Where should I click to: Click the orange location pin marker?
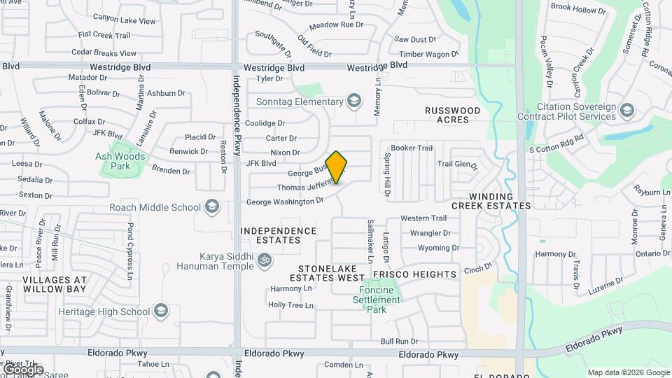click(x=337, y=167)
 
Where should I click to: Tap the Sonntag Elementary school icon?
click(x=354, y=102)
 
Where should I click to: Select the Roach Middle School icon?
click(x=212, y=207)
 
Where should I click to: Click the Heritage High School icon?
click(x=161, y=311)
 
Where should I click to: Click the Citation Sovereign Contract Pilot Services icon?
click(x=626, y=111)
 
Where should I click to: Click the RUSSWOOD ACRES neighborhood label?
click(x=453, y=115)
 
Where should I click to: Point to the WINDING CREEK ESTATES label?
click(x=491, y=201)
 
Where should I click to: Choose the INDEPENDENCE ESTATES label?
click(x=278, y=235)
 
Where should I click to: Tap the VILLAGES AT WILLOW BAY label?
click(x=55, y=283)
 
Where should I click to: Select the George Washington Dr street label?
click(x=285, y=202)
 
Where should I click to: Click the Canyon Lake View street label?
click(x=124, y=21)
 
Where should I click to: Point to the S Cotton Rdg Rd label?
click(x=556, y=149)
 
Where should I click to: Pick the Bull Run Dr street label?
click(x=399, y=342)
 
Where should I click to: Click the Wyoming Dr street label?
click(x=438, y=248)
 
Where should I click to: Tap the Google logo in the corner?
click(x=22, y=369)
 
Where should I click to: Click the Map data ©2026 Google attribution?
click(x=629, y=372)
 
